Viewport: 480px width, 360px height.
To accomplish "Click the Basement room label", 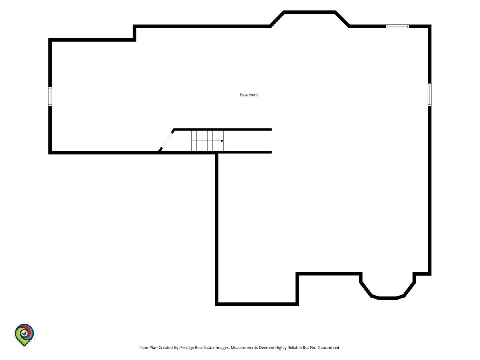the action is [249, 95].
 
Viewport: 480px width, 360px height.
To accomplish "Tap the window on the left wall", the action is [50, 96].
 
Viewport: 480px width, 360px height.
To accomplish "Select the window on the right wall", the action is [430, 94].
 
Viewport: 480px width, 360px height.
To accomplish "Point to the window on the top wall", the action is [397, 26].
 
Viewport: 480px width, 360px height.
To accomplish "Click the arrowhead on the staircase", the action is [222, 141].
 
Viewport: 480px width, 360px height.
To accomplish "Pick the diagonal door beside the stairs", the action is [166, 140].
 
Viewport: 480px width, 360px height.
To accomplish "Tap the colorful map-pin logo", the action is [24, 335].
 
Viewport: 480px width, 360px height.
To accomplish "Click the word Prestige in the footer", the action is [186, 348].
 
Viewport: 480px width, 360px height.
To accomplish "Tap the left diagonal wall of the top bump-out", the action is [277, 19].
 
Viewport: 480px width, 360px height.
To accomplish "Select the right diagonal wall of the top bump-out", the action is [342, 19].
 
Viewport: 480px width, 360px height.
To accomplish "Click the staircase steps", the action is [207, 141].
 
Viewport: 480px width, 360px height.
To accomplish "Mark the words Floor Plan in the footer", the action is [148, 348].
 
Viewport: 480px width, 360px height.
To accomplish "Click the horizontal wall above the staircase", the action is [223, 130].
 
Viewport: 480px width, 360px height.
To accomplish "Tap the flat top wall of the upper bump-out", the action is [310, 12].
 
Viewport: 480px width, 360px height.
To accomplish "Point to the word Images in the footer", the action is [223, 348].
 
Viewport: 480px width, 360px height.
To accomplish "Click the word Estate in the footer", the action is [209, 348].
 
